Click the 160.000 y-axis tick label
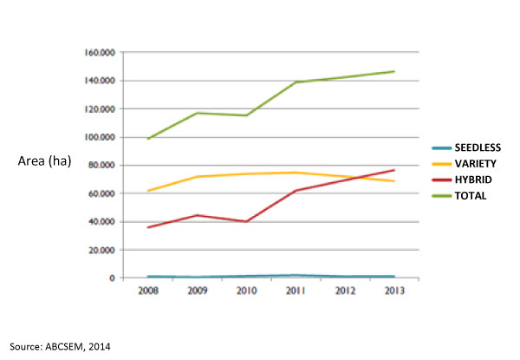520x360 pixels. [101, 53]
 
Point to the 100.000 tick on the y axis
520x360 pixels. [101, 137]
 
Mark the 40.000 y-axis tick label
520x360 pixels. [103, 222]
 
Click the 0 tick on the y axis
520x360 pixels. [112, 278]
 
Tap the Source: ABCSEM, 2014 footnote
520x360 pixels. [62, 347]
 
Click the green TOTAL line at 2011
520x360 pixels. [296, 82]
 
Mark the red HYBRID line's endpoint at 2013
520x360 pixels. [393, 170]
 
